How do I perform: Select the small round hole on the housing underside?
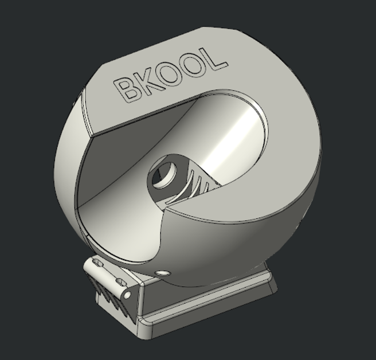click(x=163, y=273)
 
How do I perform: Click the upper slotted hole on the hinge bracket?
click(x=99, y=264)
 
